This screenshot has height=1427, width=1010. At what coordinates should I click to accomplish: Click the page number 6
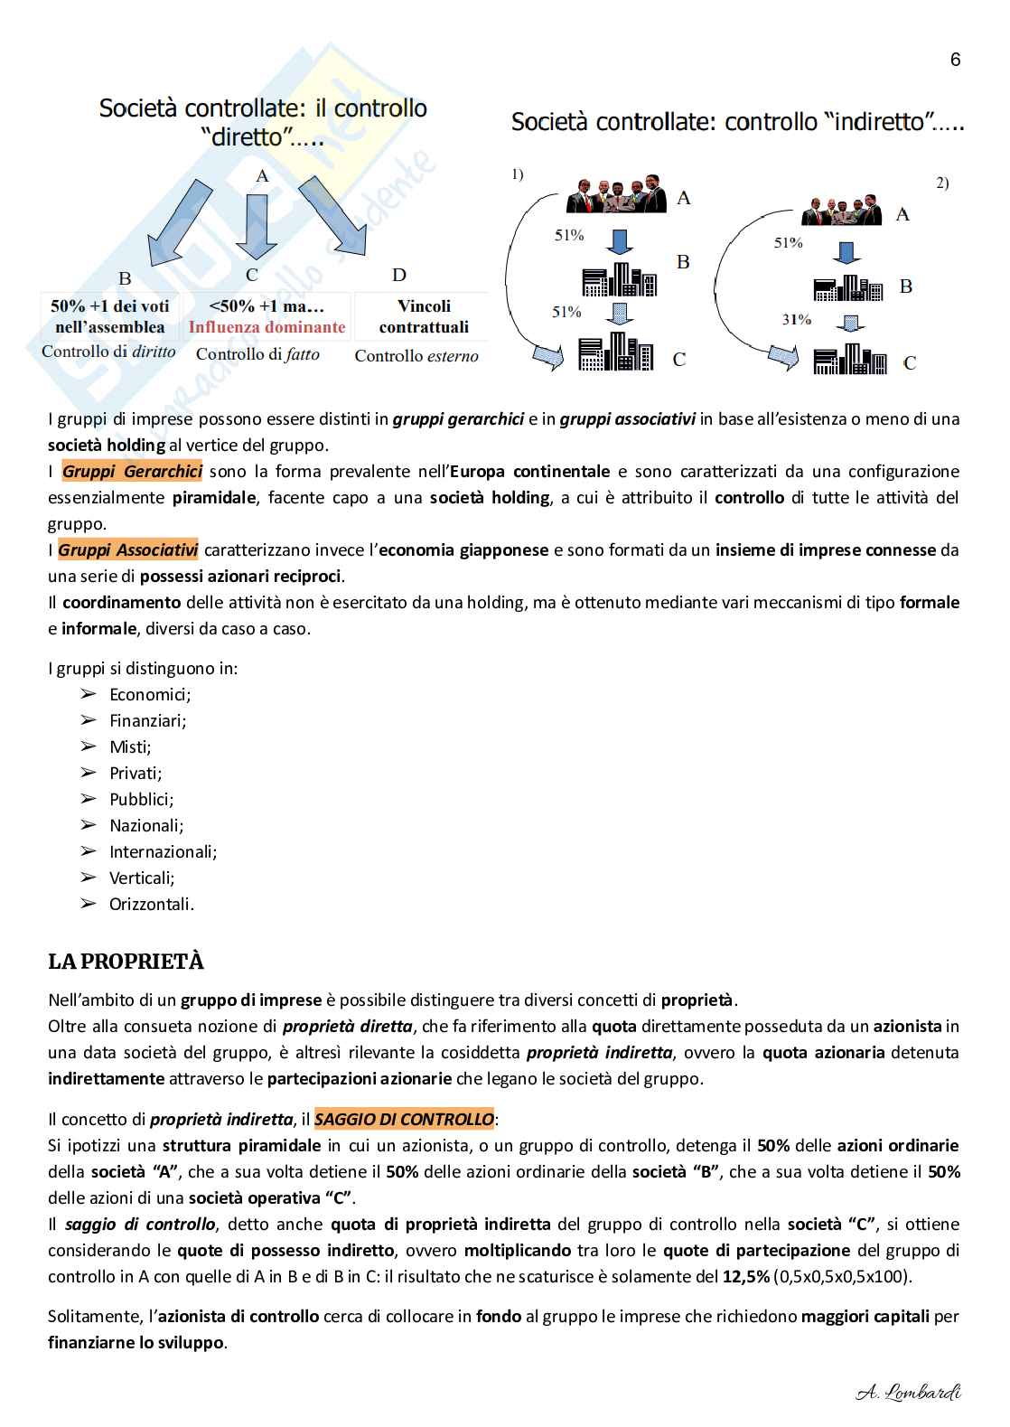pos(955,61)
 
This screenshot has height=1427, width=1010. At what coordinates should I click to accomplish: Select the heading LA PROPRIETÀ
pos(126,962)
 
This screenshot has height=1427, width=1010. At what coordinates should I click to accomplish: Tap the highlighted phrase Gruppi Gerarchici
pos(132,471)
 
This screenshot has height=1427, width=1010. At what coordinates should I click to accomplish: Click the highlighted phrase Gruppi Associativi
pos(128,549)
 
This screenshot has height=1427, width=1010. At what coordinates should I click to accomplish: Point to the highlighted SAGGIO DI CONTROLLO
pos(404,1119)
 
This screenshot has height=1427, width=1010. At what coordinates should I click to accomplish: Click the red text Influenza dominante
pos(267,327)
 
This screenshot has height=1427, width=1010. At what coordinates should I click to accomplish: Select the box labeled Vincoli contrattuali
pos(424,316)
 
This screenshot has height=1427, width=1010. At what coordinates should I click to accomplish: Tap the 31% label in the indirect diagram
pos(796,319)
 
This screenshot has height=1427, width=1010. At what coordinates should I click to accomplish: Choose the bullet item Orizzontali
pos(151,904)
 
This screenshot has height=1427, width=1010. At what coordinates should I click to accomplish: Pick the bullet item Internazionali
pos(163,851)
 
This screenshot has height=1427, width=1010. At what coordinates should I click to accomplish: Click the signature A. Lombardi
pos(908,1393)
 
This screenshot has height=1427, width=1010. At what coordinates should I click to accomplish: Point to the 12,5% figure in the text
pos(746,1276)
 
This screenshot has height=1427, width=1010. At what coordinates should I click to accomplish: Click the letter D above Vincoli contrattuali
pos(398,275)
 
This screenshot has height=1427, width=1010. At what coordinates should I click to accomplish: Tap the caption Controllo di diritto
pos(108,352)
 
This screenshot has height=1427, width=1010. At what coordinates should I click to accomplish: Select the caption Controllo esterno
pos(416,356)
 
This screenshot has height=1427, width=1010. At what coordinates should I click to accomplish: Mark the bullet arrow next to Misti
pos(88,746)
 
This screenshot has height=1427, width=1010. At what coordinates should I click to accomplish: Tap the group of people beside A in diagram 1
pos(620,194)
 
